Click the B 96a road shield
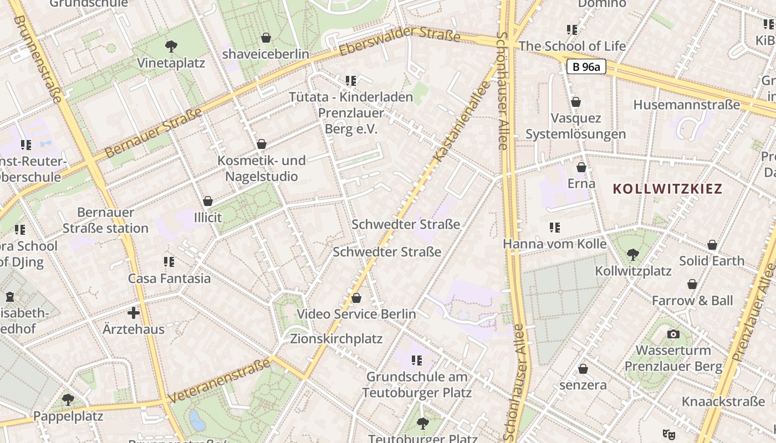(x=586, y=67)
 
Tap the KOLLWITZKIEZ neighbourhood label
(x=667, y=188)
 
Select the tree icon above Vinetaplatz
(x=171, y=47)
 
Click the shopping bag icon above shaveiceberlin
(x=266, y=38)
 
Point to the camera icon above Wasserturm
(x=673, y=334)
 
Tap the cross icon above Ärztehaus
(x=134, y=313)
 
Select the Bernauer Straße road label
(x=154, y=133)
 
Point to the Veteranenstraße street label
(x=219, y=381)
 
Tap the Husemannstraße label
(x=686, y=105)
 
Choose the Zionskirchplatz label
(x=336, y=338)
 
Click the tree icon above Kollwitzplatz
(x=632, y=255)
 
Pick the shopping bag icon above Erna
(x=581, y=167)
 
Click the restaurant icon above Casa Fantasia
(x=169, y=261)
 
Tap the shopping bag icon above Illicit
(x=208, y=200)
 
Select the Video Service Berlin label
(x=356, y=314)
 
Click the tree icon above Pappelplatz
(x=68, y=399)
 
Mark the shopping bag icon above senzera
(x=583, y=368)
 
